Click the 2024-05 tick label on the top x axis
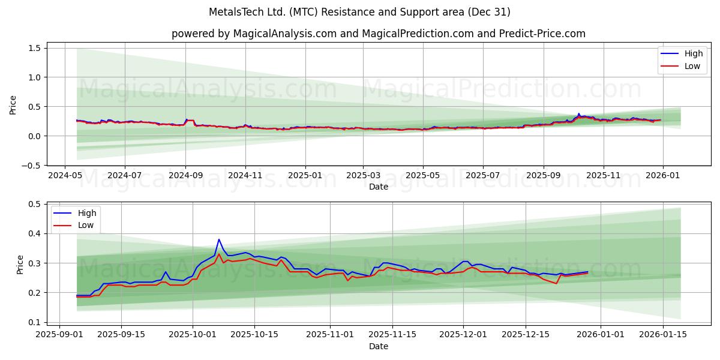coord(65,176)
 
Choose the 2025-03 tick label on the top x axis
coord(362,176)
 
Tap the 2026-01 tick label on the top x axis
coord(662,176)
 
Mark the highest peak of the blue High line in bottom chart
coord(219,239)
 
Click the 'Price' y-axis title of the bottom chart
coord(20,264)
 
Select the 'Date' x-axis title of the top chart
coord(378,187)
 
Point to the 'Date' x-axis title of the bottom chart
coord(378,346)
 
